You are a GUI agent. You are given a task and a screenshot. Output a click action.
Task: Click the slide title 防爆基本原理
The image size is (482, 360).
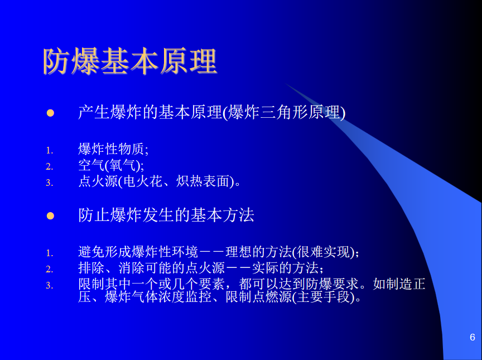click(x=131, y=61)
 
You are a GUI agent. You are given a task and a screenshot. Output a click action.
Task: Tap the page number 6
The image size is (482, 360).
click(x=473, y=337)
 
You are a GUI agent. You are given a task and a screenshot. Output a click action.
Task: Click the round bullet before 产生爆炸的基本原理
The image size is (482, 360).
click(x=50, y=113)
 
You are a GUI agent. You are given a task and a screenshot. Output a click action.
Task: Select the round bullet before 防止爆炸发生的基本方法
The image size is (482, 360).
click(x=50, y=216)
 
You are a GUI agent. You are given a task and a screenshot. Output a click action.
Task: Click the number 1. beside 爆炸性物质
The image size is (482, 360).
click(x=50, y=150)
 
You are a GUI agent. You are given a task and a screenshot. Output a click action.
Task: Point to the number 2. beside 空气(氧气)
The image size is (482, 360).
click(x=50, y=166)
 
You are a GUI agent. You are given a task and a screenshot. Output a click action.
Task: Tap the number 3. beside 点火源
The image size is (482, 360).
click(x=50, y=183)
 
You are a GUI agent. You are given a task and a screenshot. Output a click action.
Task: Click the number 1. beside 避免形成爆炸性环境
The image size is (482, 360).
click(x=50, y=253)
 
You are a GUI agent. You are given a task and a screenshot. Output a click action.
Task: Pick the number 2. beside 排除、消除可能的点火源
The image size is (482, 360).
click(x=50, y=269)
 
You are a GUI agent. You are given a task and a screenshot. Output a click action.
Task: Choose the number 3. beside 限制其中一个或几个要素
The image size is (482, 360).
click(x=50, y=285)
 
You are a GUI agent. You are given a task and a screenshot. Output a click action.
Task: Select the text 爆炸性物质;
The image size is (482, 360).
click(x=113, y=149)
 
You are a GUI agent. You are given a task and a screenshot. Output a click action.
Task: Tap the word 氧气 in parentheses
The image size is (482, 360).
click(x=122, y=165)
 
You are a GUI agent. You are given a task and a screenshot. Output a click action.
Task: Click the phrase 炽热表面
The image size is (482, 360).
click(x=203, y=181)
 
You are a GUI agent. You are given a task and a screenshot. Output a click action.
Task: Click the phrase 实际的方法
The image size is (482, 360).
click(x=285, y=268)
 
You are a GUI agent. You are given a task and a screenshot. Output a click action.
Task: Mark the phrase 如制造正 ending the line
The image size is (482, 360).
click(x=399, y=284)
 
